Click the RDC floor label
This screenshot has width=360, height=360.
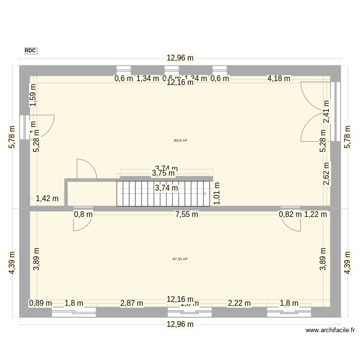click(x=30, y=50)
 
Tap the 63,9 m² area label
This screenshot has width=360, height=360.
click(x=180, y=141)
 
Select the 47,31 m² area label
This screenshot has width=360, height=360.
click(x=180, y=259)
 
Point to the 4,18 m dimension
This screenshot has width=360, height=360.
click(x=279, y=78)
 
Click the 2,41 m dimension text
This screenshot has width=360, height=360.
click(x=326, y=111)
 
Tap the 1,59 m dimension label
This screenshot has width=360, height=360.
click(x=33, y=95)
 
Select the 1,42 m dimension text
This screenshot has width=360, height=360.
click(x=47, y=198)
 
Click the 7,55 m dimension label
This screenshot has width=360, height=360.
click(x=187, y=215)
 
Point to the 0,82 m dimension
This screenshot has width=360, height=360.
click(x=290, y=215)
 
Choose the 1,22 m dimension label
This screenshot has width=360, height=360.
click(x=315, y=215)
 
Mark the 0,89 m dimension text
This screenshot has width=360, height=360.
click(x=40, y=303)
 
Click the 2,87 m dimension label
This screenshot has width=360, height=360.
click(x=132, y=303)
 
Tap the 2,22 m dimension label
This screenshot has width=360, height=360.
click(x=239, y=303)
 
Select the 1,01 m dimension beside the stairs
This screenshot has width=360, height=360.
click(x=216, y=193)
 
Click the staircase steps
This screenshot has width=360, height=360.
click(x=163, y=193)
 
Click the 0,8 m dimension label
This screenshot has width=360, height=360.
click(x=83, y=215)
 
